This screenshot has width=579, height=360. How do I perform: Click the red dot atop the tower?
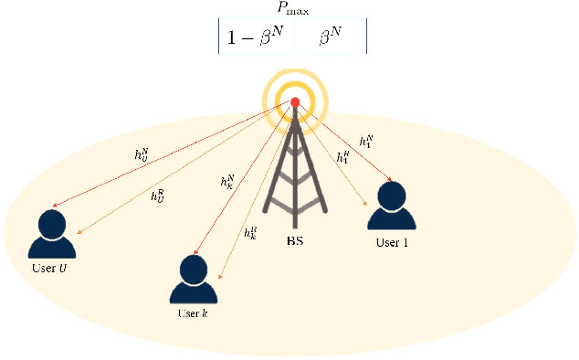point(295,102)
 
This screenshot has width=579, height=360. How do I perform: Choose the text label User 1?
point(393,243)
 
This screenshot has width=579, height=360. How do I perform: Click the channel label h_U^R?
point(157,195)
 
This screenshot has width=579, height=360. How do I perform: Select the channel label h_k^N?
point(227,181)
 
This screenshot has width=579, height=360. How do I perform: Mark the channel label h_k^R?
point(250,232)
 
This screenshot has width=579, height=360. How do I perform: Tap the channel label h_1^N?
point(365,142)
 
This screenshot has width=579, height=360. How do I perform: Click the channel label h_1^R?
point(342,158)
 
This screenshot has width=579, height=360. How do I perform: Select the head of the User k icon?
point(195,267)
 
